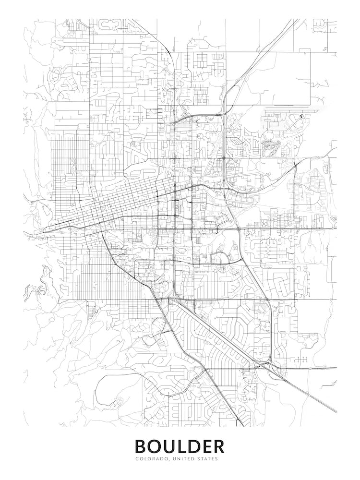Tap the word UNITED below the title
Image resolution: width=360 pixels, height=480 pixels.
pyautogui.click(x=181, y=459)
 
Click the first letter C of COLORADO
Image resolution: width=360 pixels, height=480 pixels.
pyautogui.click(x=136, y=459)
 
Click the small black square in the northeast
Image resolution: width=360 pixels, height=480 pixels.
pyautogui.click(x=302, y=116)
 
